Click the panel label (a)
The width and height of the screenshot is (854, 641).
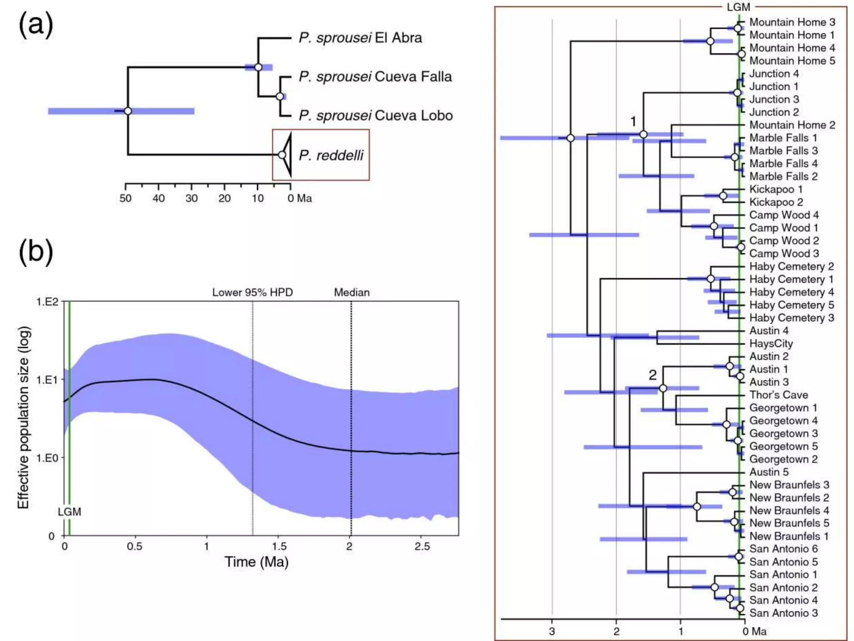pyautogui.click(x=36, y=24)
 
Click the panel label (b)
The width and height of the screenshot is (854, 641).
pyautogui.click(x=36, y=252)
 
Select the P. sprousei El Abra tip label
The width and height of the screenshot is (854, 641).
pyautogui.click(x=360, y=38)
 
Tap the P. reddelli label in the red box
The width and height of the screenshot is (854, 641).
pyautogui.click(x=331, y=155)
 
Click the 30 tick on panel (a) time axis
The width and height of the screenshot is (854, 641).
pyautogui.click(x=191, y=198)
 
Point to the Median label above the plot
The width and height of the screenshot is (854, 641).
pyautogui.click(x=352, y=292)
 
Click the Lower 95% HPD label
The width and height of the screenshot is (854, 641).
pyautogui.click(x=252, y=292)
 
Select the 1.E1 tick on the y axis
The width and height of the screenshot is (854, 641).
pyautogui.click(x=47, y=380)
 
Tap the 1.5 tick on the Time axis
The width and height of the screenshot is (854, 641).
pyautogui.click(x=279, y=546)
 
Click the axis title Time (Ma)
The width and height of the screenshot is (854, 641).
pyautogui.click(x=256, y=562)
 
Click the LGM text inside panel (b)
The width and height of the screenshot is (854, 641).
pyautogui.click(x=69, y=512)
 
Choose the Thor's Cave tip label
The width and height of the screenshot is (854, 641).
pyautogui.click(x=779, y=395)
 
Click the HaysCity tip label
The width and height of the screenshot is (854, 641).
pyautogui.click(x=771, y=343)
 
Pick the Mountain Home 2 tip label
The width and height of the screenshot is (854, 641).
pyautogui.click(x=792, y=125)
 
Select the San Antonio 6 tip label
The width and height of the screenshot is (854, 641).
pyautogui.click(x=783, y=549)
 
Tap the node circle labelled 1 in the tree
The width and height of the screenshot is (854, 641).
pyautogui.click(x=643, y=134)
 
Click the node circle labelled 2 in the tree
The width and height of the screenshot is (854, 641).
pyautogui.click(x=663, y=389)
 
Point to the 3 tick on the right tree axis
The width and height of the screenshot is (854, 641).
pyautogui.click(x=552, y=631)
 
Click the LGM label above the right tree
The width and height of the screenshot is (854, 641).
pyautogui.click(x=738, y=7)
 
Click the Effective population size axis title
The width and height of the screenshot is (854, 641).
pyautogui.click(x=24, y=417)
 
